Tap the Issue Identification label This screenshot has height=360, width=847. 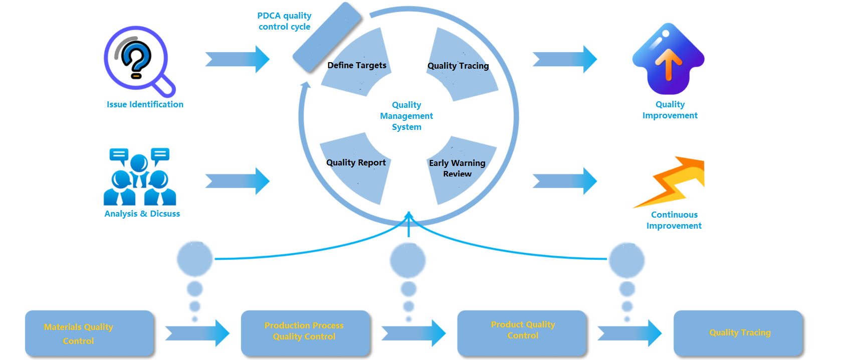(145, 104)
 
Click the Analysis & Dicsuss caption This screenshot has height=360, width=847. (142, 214)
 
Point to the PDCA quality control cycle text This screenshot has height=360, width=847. (284, 21)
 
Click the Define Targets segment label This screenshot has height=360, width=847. (357, 65)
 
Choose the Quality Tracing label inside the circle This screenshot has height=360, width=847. (458, 66)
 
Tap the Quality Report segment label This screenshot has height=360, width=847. (356, 162)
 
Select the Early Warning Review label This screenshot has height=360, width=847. (457, 168)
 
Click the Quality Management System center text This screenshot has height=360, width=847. (406, 116)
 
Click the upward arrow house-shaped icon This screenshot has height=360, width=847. (668, 59)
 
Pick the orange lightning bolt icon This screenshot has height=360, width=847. (671, 182)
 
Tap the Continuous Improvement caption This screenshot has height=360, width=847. (674, 220)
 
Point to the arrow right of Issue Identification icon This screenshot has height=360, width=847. (238, 59)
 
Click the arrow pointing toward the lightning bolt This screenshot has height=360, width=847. (565, 181)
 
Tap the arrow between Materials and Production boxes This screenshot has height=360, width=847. (197, 333)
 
